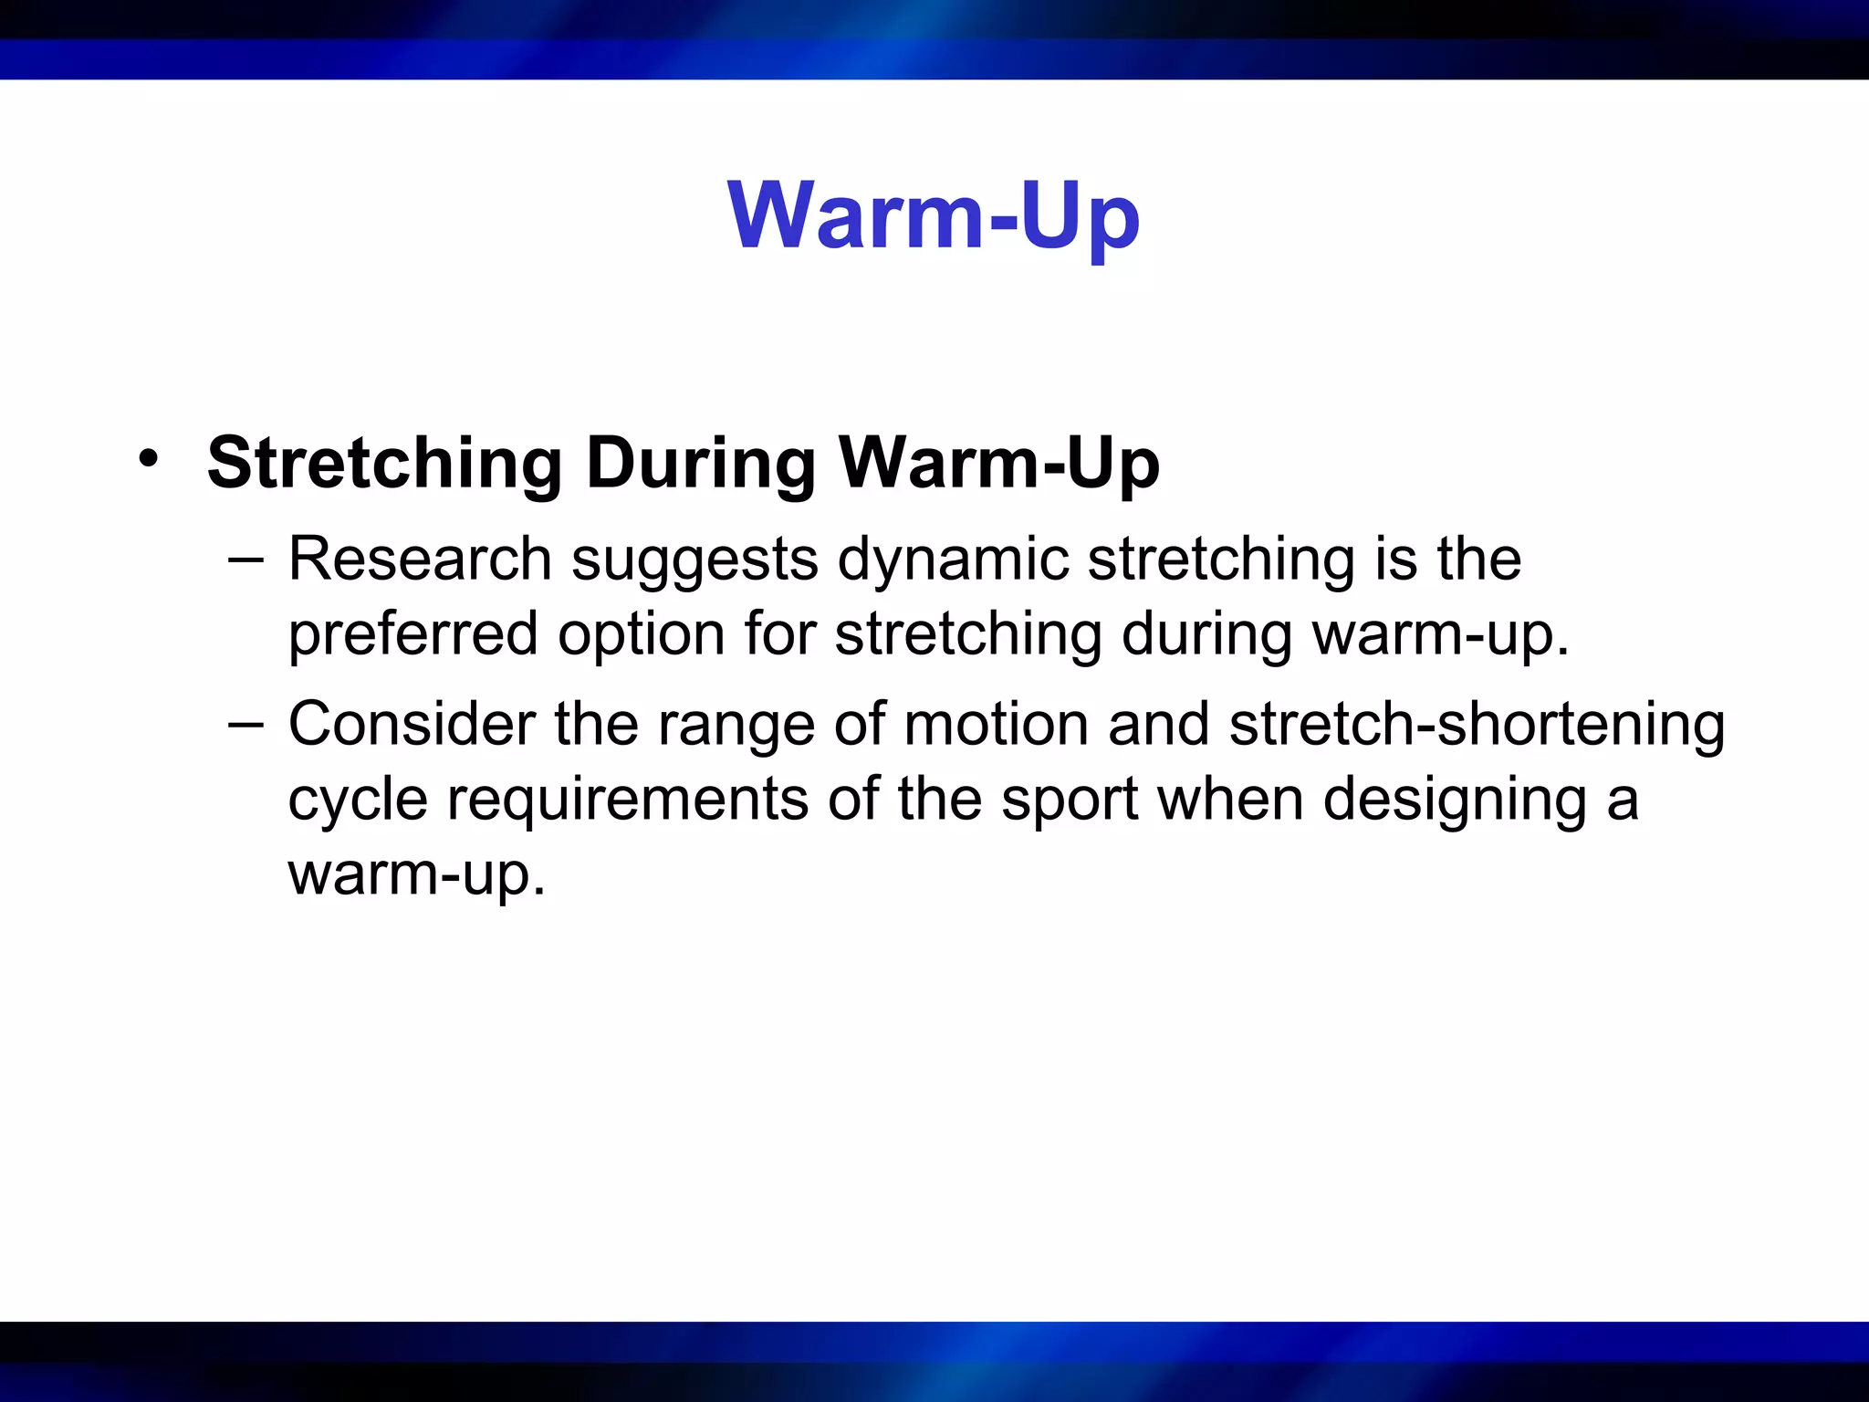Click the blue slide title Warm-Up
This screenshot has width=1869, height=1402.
(934, 215)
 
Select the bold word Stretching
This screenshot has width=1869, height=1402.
(384, 464)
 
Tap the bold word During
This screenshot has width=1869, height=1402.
(700, 464)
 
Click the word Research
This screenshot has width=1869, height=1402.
(420, 559)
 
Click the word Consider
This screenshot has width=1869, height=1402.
(412, 724)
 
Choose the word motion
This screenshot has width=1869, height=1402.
(997, 724)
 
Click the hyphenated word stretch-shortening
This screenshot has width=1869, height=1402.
(1477, 724)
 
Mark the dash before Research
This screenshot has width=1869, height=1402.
(245, 559)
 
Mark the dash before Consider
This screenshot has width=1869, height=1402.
(245, 724)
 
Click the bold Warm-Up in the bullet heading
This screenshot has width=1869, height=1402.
(998, 464)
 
